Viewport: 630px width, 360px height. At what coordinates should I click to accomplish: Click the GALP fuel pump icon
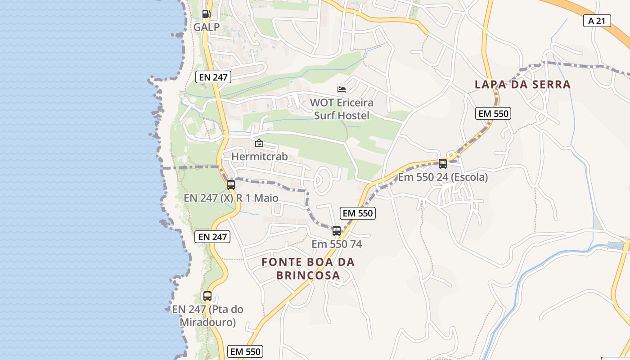click(206, 14)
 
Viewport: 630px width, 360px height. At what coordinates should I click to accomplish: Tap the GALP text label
click(207, 27)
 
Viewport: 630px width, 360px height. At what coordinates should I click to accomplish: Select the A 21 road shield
click(597, 21)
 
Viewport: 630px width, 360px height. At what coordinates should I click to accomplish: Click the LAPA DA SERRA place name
click(522, 84)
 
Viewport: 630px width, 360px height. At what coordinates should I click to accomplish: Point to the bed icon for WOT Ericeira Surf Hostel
click(342, 90)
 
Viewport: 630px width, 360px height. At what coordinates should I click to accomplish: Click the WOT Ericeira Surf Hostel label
click(342, 109)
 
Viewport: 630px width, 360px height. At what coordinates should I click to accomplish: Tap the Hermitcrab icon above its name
click(259, 144)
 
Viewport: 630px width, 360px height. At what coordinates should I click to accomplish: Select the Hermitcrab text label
click(259, 157)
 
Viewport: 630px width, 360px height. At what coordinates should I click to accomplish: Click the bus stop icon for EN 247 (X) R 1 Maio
click(231, 185)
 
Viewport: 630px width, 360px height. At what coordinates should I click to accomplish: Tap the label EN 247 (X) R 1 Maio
click(231, 198)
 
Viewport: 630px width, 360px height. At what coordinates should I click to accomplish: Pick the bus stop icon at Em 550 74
click(337, 231)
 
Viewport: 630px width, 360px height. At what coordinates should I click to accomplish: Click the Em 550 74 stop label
click(337, 244)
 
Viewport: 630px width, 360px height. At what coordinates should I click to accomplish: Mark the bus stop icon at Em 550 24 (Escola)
click(443, 164)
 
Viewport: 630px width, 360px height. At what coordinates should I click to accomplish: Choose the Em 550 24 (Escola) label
click(443, 177)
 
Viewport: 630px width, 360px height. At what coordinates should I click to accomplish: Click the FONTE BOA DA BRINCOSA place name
click(308, 269)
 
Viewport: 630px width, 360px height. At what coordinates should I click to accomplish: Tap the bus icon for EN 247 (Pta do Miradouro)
click(207, 296)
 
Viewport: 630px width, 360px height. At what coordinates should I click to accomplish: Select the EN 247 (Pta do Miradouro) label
click(207, 316)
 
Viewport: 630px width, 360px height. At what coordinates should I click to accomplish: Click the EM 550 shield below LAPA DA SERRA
click(493, 113)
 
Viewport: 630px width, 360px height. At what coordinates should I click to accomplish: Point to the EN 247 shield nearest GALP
click(214, 77)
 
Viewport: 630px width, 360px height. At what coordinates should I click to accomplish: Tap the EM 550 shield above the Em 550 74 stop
click(358, 213)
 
